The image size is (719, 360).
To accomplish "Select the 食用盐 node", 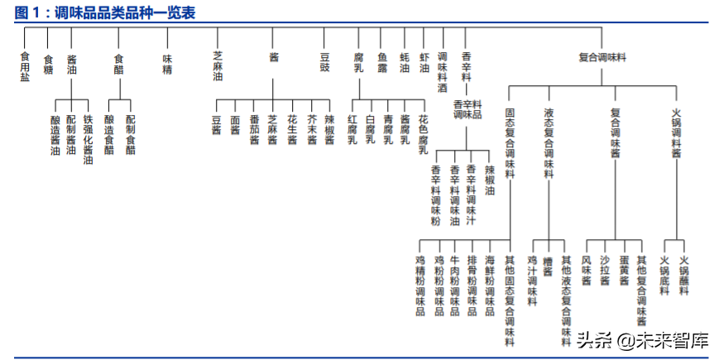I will point(25,65).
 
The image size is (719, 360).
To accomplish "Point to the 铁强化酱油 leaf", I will point(88,140).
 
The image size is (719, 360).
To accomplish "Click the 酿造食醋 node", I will point(109,134).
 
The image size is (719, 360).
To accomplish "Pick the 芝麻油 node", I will point(218,65).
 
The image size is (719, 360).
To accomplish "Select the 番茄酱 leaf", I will point(255,129).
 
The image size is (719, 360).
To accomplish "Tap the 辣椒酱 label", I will point(329,129).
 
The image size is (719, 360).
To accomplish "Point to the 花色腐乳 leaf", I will point(423,135).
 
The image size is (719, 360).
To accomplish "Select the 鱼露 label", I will point(382,62).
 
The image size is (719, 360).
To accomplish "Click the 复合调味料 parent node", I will point(602,57).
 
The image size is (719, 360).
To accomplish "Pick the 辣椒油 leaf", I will point(490,180).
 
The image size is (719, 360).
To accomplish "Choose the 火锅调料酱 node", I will point(676,132).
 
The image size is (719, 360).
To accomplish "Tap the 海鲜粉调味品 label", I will point(490,286).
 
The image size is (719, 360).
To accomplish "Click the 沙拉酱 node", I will point(605,271).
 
